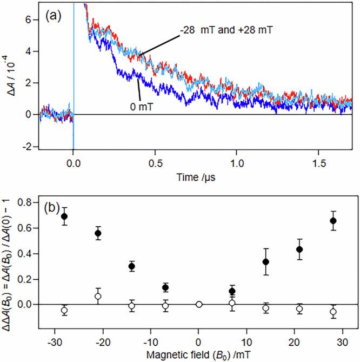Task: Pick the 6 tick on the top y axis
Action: [31, 20]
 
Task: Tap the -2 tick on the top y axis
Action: [29, 146]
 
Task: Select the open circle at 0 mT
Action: [198, 304]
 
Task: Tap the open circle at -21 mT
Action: [98, 296]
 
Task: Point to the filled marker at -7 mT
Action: [165, 287]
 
